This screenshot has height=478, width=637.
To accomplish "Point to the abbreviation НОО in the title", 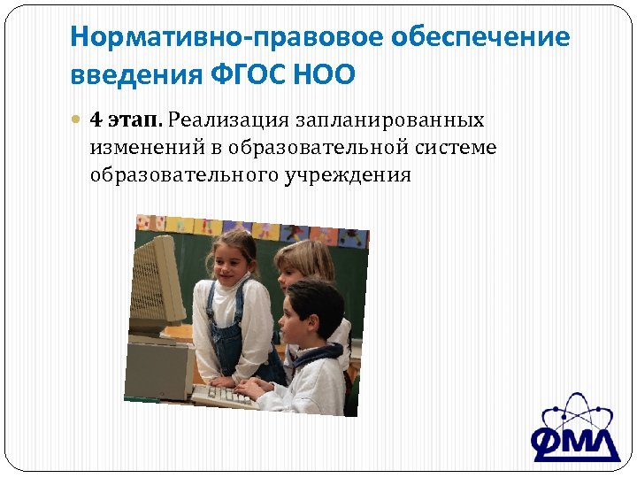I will tap(333, 74).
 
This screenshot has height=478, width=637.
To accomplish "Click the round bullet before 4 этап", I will tap(77, 119).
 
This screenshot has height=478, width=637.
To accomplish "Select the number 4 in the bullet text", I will tap(96, 119).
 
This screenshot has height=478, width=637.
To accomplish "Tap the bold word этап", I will tap(135, 119).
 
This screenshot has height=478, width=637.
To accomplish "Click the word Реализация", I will tap(229, 119).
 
